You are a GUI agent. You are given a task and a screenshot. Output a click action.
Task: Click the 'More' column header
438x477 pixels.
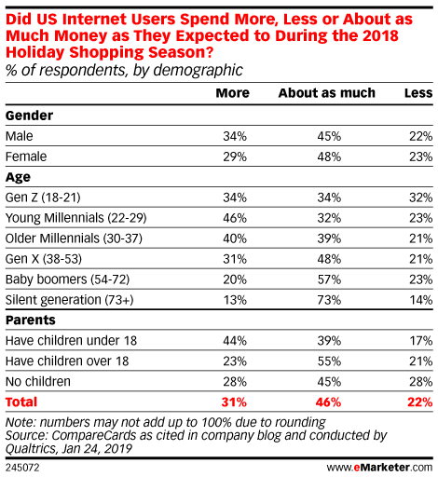pyautogui.click(x=233, y=93)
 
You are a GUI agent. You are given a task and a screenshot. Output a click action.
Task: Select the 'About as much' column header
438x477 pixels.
pyautogui.click(x=327, y=93)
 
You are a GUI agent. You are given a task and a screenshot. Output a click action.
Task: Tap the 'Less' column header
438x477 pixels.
pyautogui.click(x=418, y=93)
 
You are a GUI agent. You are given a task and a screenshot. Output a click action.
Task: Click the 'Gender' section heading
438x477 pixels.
pyautogui.click(x=29, y=116)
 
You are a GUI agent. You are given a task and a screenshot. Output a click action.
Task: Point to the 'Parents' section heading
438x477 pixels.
pyautogui.click(x=31, y=320)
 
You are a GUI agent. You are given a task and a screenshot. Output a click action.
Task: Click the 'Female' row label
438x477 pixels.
pyautogui.click(x=26, y=157)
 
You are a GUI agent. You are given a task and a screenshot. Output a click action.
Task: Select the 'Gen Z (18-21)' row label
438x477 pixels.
pyautogui.click(x=43, y=198)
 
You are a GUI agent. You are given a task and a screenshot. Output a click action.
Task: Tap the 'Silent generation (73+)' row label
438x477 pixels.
pyautogui.click(x=70, y=300)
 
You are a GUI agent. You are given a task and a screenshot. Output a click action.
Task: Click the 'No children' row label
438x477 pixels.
pyautogui.click(x=38, y=381)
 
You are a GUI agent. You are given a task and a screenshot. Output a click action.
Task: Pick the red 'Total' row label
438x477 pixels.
pyautogui.click(x=21, y=402)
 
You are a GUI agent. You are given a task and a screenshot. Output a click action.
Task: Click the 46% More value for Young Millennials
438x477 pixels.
pyautogui.click(x=235, y=218)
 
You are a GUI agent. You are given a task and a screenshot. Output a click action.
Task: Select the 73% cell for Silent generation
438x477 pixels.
pyautogui.click(x=329, y=300)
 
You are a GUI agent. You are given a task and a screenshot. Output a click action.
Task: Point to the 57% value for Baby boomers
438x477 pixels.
pyautogui.click(x=329, y=279)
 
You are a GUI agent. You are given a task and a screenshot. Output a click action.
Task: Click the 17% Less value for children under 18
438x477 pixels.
pyautogui.click(x=421, y=341)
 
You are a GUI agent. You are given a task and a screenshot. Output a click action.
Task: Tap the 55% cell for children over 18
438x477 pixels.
pyautogui.click(x=329, y=361)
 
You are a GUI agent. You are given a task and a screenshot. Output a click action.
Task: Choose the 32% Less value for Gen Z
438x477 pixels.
pyautogui.click(x=421, y=198)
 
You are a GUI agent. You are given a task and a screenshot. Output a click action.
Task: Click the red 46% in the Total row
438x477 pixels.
pyautogui.click(x=328, y=402)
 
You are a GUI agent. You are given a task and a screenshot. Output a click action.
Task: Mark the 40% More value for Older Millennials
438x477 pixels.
pyautogui.click(x=235, y=238)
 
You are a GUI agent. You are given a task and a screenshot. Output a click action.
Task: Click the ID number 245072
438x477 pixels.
pyautogui.click(x=22, y=468)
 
